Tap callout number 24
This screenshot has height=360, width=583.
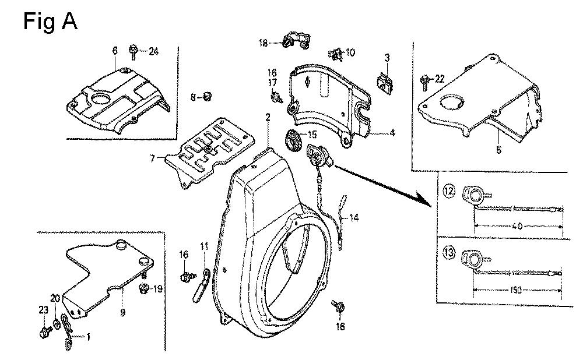(153, 52)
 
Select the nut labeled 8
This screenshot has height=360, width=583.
(209, 97)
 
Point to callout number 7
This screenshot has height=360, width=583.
(153, 158)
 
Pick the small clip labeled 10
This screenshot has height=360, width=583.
(335, 54)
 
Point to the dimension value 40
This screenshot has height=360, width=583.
(517, 227)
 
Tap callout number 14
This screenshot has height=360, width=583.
(354, 218)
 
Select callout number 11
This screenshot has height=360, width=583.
(204, 247)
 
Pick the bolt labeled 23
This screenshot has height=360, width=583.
(44, 333)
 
